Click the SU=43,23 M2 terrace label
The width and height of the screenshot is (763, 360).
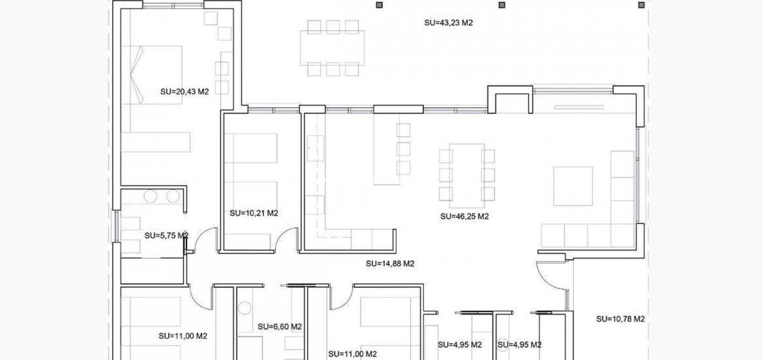[x=448, y=22]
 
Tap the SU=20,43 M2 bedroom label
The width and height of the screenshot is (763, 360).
[x=184, y=92]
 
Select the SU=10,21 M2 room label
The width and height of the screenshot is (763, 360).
[x=254, y=213]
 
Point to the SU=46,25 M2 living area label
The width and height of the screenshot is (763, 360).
[x=464, y=216]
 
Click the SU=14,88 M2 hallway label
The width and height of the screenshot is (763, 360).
[x=390, y=264]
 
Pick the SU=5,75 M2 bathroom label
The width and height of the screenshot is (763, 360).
[x=166, y=236]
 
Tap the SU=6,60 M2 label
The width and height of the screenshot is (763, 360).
[x=279, y=327]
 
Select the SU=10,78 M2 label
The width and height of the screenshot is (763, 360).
[x=620, y=319]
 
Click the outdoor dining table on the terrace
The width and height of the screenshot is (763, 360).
[x=333, y=48]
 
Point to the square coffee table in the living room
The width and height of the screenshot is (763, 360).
[x=572, y=186]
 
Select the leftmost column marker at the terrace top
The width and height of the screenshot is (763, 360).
[x=379, y=5]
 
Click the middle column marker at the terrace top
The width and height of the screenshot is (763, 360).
[x=502, y=5]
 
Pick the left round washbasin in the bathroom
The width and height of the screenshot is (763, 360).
[x=150, y=197]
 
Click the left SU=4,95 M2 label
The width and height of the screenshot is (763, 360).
[x=460, y=345]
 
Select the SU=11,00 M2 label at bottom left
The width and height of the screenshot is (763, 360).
[x=183, y=336]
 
